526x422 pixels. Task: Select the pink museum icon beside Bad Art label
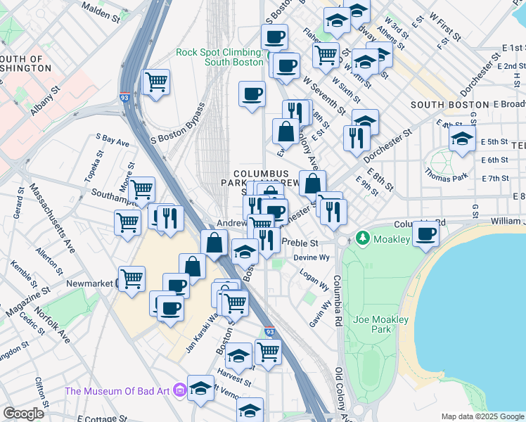point(180,388)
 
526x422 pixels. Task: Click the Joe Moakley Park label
point(381,324)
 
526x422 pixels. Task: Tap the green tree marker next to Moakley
point(363,238)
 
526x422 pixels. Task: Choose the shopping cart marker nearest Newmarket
point(131,278)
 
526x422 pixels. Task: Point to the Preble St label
point(300,243)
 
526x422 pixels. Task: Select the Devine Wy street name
point(312,257)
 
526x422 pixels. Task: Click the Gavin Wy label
point(320,314)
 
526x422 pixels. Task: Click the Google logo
point(23,414)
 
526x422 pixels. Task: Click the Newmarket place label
point(89,283)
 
